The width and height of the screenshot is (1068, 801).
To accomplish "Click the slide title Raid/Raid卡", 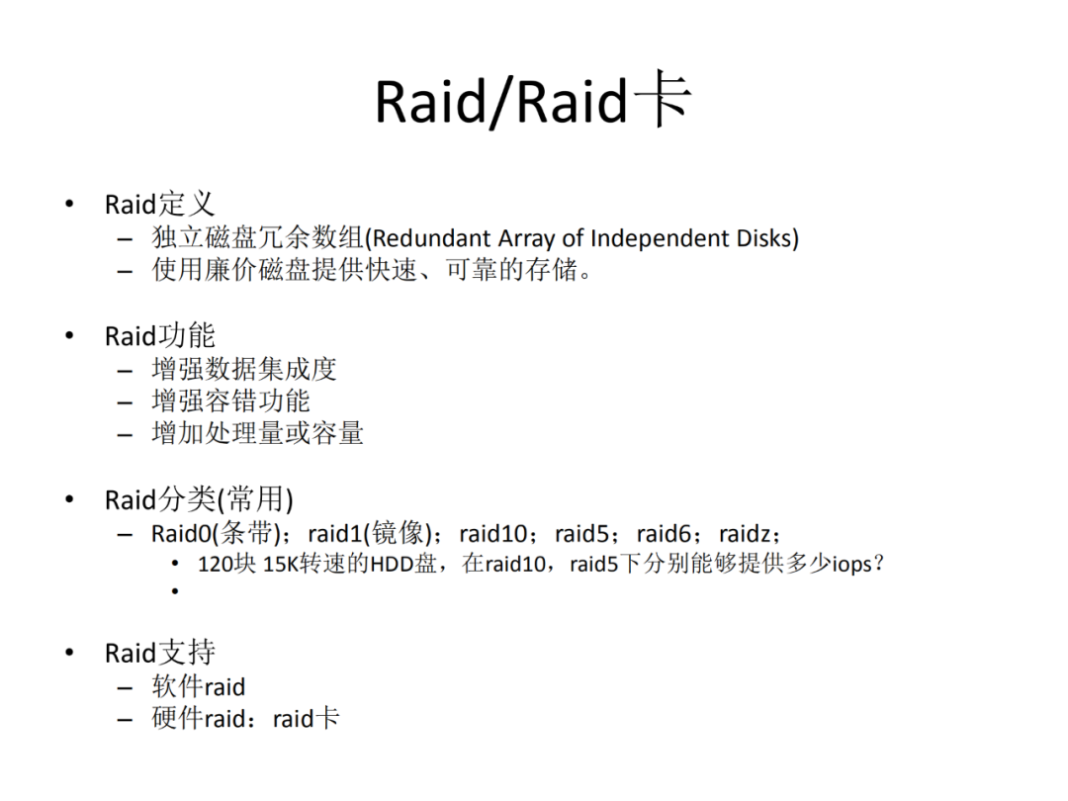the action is coord(533,100).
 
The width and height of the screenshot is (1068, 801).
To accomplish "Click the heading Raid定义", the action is coord(159,204).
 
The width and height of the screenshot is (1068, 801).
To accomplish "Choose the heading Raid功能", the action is coord(159,336).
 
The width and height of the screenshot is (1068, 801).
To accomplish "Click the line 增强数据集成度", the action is coord(244,369).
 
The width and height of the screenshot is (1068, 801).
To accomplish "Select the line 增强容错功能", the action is coord(230,400).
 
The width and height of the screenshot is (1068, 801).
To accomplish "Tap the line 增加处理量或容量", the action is coord(257,433).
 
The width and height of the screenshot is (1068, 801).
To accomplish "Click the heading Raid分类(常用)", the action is coord(199,500).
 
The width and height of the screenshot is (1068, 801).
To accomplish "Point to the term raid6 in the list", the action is coord(665,534).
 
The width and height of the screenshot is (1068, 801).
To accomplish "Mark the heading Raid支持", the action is coord(159,653).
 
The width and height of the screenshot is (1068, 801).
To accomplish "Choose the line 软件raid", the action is coord(198,686).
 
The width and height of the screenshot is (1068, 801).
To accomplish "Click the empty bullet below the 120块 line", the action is coord(175,590).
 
